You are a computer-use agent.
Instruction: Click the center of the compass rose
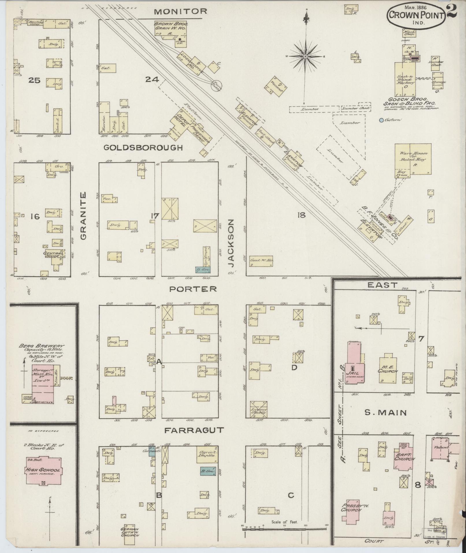coord(305,57)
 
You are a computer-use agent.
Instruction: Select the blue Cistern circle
coord(381,120)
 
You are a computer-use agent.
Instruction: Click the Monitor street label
coord(180,12)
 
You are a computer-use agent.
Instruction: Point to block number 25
coord(34,80)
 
